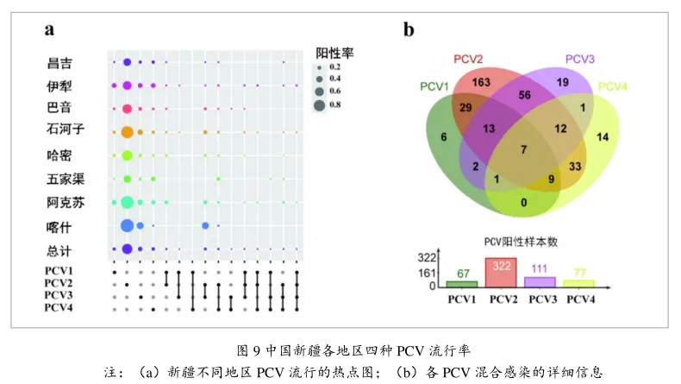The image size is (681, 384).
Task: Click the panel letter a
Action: [x=50, y=29]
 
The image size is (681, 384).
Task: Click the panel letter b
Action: [x=409, y=29]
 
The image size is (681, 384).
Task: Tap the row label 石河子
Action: [x=65, y=130]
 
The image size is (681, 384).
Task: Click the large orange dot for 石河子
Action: [x=127, y=132]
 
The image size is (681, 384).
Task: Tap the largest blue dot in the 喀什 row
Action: [x=127, y=225]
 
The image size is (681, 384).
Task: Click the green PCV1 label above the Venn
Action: [x=434, y=86]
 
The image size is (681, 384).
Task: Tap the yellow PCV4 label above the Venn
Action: [x=613, y=86]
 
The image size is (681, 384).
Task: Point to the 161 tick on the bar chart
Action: [x=427, y=272]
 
